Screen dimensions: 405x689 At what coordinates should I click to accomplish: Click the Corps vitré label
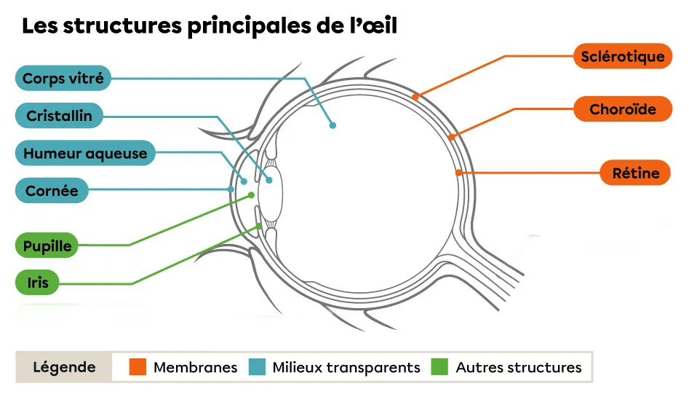tap(63, 78)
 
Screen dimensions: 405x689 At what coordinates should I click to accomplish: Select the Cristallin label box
tap(59, 116)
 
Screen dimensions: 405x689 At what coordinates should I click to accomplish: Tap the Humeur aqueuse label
tap(85, 154)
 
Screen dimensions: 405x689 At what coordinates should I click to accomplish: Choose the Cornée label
tap(52, 191)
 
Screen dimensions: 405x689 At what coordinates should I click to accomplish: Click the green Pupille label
tap(47, 245)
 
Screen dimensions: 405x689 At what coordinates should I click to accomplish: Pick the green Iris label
tap(37, 282)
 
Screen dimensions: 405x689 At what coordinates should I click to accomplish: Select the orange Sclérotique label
tap(622, 56)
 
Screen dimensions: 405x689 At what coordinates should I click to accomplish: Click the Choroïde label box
tap(622, 109)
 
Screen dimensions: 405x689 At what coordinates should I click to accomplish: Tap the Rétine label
tap(635, 173)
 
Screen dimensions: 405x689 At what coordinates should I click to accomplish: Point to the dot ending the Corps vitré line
tap(332, 125)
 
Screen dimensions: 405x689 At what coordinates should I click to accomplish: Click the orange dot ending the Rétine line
tap(458, 173)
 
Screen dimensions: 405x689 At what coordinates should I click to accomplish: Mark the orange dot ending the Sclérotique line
tap(415, 95)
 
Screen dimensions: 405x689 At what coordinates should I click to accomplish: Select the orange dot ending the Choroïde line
tap(451, 136)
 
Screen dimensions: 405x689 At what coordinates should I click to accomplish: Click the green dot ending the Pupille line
tap(252, 194)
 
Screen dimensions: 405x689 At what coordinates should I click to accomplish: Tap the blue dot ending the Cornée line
tap(231, 189)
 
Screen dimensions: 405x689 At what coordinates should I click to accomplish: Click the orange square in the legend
tap(138, 367)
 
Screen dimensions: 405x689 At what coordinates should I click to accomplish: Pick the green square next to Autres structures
tap(439, 367)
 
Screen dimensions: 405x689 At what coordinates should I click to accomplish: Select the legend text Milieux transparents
tap(346, 368)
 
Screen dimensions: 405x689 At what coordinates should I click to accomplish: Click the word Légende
tap(64, 367)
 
